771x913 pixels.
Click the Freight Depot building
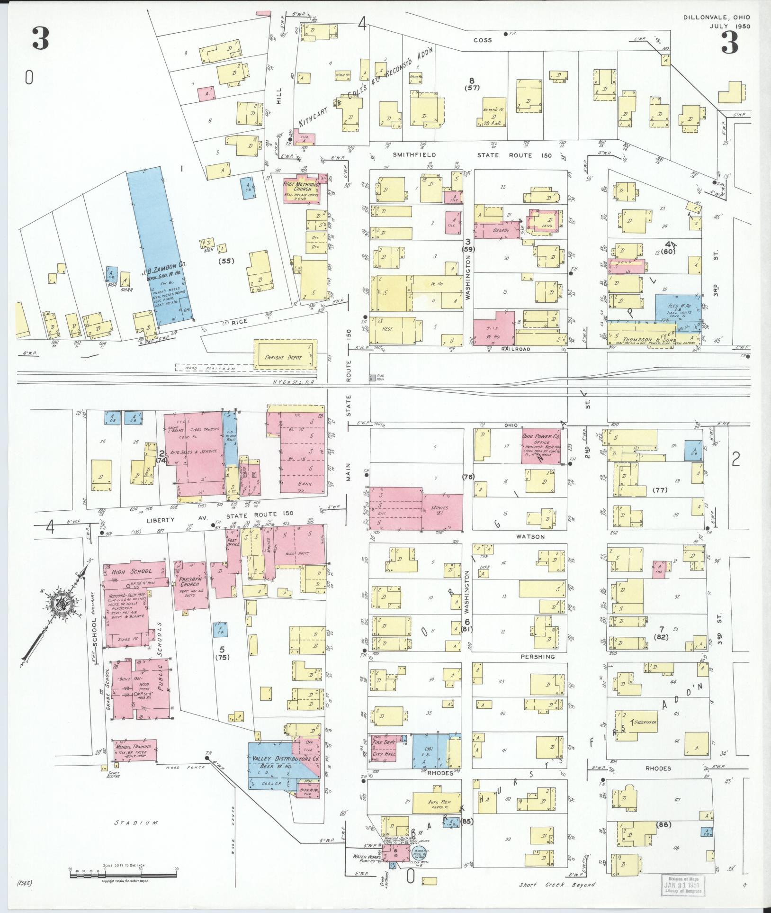[286, 358]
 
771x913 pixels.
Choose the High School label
[126, 572]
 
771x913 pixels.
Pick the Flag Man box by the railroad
[373, 378]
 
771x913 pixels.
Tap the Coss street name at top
[483, 40]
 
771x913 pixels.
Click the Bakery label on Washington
[501, 231]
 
